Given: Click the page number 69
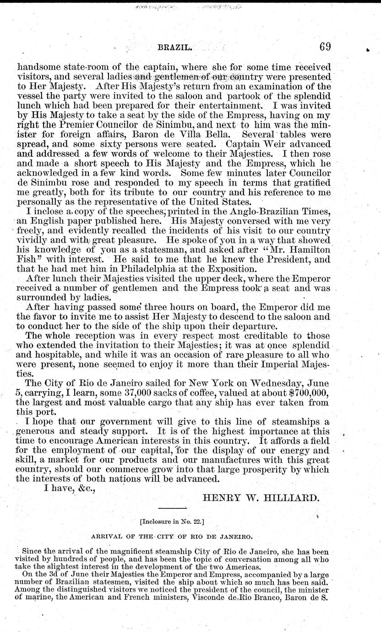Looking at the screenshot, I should click(325, 47).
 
